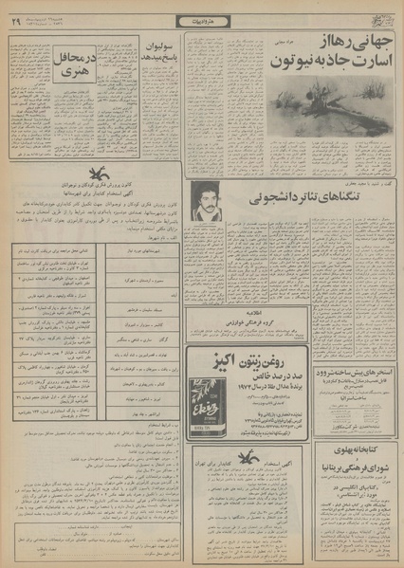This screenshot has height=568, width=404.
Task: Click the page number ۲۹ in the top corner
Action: click(16, 21)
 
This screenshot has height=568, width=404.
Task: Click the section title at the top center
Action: click(201, 21)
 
